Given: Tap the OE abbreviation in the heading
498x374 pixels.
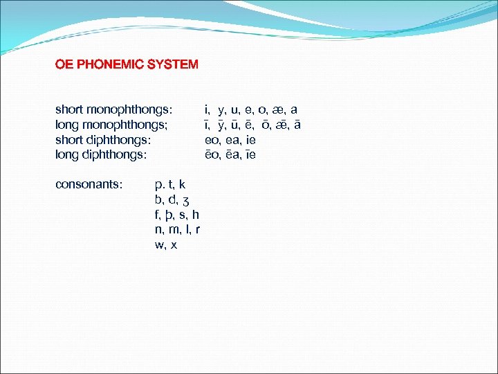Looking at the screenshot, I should pyautogui.click(x=64, y=64).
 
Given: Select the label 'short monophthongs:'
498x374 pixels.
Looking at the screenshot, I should pyautogui.click(x=113, y=109).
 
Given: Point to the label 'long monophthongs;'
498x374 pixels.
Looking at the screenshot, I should pyautogui.click(x=115, y=125).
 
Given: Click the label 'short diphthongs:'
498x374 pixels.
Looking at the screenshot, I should pyautogui.click(x=103, y=140).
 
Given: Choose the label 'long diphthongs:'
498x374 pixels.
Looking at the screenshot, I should pyautogui.click(x=101, y=155).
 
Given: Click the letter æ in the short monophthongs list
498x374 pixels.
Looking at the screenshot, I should pyautogui.click(x=277, y=110).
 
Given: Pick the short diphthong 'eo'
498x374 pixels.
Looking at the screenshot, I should pyautogui.click(x=211, y=141).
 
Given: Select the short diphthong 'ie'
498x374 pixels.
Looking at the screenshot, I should pyautogui.click(x=251, y=141).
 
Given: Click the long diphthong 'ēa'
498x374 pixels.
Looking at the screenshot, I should pyautogui.click(x=232, y=155).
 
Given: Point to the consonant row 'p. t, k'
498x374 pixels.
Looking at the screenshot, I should pyautogui.click(x=170, y=184).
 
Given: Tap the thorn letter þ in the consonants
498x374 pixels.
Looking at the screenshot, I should pyautogui.click(x=171, y=215).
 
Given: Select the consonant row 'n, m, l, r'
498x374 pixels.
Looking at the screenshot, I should pyautogui.click(x=178, y=230).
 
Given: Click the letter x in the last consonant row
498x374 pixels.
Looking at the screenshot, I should pyautogui.click(x=174, y=245).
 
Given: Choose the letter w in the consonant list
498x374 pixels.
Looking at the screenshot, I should pyautogui.click(x=160, y=245).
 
